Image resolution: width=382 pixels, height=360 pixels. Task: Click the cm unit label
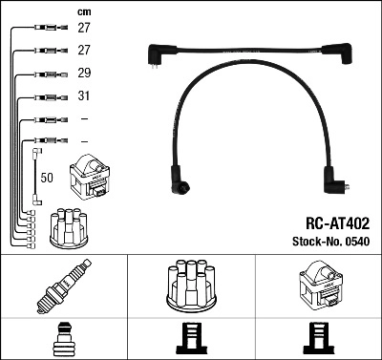tap(84, 11)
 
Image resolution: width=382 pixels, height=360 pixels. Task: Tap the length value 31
tap(84, 96)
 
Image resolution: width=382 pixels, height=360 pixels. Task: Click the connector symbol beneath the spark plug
tap(63, 341)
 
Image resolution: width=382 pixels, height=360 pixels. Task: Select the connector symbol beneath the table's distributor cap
tap(190, 341)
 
